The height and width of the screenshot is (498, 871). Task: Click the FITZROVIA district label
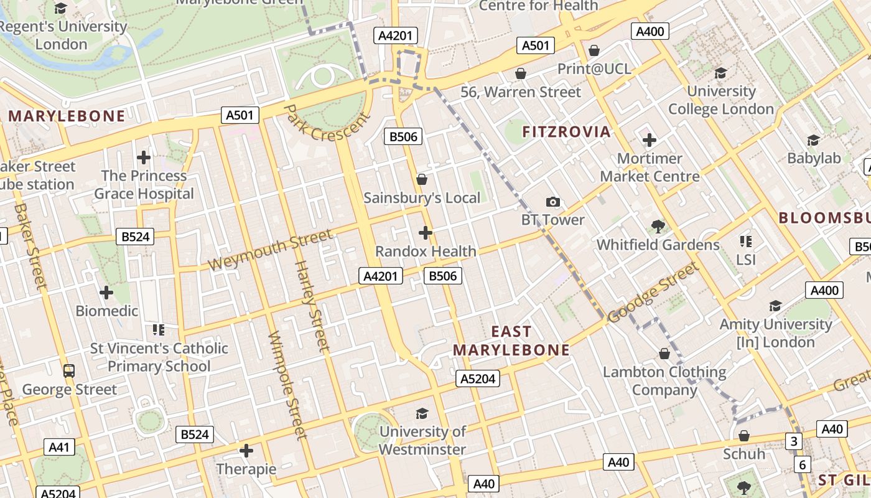coord(566,131)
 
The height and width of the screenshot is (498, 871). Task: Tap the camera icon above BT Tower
coord(552,202)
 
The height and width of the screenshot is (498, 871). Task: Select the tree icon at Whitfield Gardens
coord(658,227)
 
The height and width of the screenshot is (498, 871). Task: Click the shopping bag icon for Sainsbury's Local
coord(422,179)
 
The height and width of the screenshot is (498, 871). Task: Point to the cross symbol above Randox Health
coord(426,233)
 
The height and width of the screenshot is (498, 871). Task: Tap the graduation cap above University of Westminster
coord(422,413)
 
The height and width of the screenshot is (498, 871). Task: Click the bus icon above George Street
coord(69,371)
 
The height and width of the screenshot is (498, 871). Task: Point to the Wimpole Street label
coord(287,384)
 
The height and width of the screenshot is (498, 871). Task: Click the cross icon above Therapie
coord(246,450)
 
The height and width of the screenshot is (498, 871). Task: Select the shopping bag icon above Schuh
coord(743,436)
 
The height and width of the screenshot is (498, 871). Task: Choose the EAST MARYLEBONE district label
coord(511,341)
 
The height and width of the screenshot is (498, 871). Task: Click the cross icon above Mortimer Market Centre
coord(650,140)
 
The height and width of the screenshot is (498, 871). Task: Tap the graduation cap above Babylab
coord(813,140)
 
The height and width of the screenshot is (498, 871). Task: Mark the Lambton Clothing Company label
coord(664,381)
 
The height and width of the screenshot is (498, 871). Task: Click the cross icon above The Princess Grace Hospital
coord(144,157)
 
